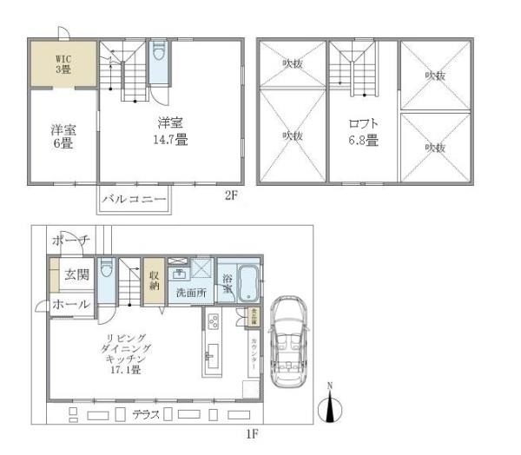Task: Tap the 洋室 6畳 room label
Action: click(63, 137)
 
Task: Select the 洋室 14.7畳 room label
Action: click(169, 131)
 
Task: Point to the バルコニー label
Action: click(133, 199)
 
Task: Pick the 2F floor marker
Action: click(230, 196)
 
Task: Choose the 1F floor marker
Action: click(253, 432)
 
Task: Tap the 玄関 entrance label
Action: click(76, 275)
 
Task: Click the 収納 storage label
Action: click(154, 280)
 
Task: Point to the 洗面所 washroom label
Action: click(190, 293)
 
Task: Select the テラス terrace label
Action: click(144, 415)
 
